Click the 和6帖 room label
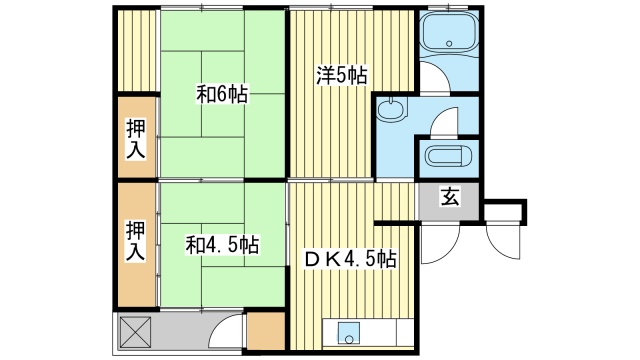pyautogui.click(x=222, y=95)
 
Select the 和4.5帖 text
pyautogui.click(x=222, y=244)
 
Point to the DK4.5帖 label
pyautogui.click(x=350, y=258)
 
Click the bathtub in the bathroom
pyautogui.click(x=448, y=38)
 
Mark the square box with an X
pyautogui.click(x=135, y=330)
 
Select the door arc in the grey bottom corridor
pyautogui.click(x=228, y=331)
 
